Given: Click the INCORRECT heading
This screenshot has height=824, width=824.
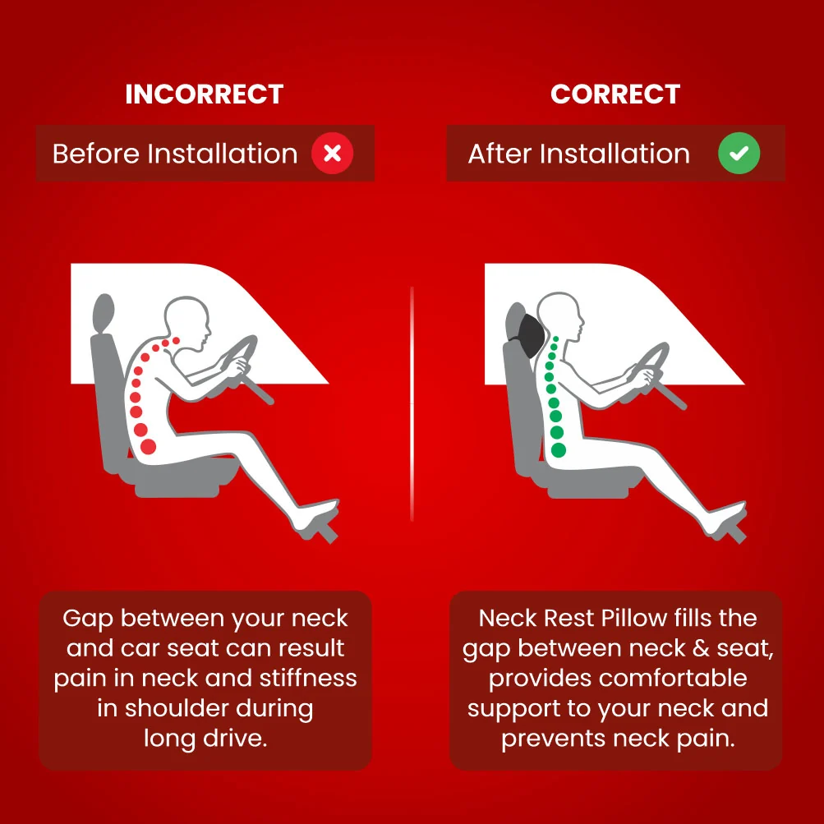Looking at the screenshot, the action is coord(205,94).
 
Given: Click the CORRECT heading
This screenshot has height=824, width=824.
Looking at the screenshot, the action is coord(615,94).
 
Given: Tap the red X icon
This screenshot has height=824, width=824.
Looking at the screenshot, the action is coord(332,154).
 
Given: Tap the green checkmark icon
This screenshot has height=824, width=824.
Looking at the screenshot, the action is coord(739,154).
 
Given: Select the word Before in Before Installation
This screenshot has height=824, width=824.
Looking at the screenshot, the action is coord(97,154).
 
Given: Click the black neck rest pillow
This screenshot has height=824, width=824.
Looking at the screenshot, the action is coord(530,336).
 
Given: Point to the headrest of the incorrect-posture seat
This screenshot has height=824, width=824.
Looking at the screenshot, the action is coord(104,313).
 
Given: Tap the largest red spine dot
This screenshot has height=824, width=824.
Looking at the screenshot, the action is coord(148,447).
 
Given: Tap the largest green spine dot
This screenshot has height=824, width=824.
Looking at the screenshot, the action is coord(559,450).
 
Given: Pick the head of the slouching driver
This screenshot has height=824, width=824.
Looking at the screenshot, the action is coord(187,322).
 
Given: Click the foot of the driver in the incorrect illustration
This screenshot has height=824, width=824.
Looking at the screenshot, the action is coord(315,515).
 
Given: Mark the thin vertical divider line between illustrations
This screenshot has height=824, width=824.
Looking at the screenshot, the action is coord(412,403).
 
